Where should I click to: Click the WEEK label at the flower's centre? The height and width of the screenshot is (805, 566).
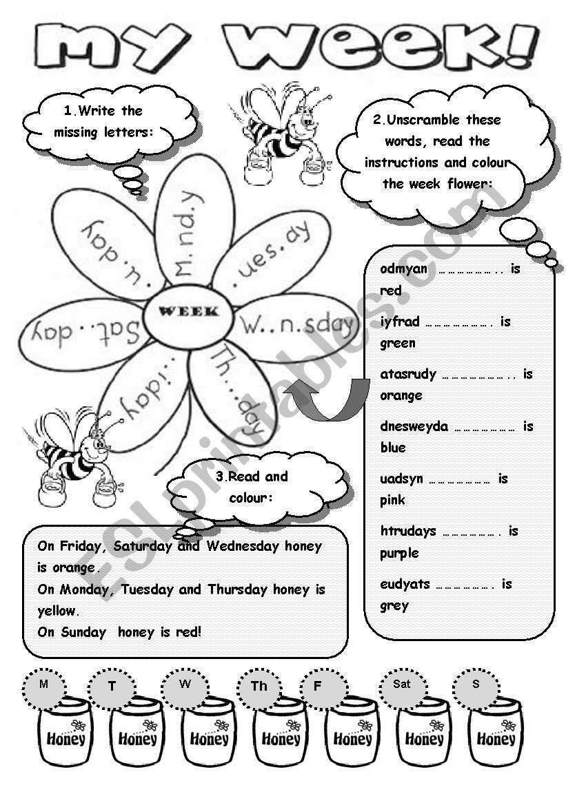189,311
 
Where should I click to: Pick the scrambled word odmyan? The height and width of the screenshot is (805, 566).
403,269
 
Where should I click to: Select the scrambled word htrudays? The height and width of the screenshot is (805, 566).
408,531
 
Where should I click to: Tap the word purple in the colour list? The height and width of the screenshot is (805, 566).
399,553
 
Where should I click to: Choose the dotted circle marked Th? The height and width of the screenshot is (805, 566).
260,686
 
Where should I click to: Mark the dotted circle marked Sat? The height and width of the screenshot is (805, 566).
402,684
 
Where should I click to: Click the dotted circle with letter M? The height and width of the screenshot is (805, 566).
44,684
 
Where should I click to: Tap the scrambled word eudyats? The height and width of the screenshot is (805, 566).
405,584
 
